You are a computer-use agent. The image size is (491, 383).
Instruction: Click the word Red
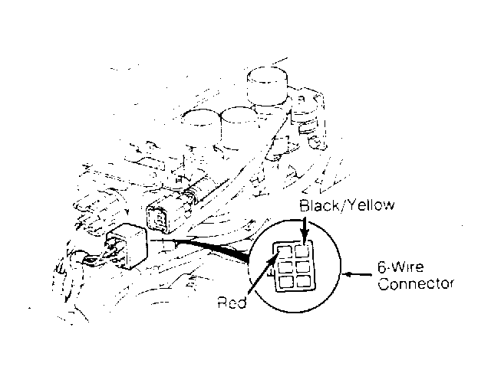tap(232, 303)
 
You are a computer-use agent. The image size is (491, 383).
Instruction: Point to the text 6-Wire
tap(400, 267)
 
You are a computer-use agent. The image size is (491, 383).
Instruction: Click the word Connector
tap(416, 284)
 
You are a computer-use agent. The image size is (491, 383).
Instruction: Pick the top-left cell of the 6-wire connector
tap(284, 250)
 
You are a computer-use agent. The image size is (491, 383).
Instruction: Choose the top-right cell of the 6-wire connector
tap(302, 250)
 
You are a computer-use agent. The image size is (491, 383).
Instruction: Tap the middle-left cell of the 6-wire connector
tap(285, 267)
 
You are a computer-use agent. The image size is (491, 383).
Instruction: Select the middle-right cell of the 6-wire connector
tap(303, 266)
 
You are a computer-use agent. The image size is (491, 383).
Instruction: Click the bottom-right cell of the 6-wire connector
tap(305, 281)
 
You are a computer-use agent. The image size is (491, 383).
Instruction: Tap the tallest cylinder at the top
tap(267, 86)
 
